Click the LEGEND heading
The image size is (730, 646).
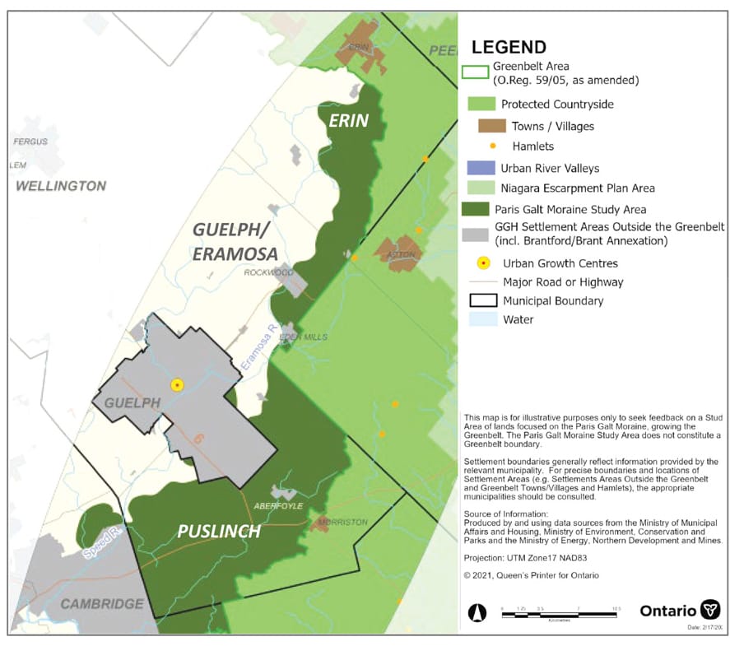click(508, 47)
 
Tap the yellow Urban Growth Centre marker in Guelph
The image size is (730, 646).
click(176, 384)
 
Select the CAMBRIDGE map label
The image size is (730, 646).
click(101, 603)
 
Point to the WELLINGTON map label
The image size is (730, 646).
click(61, 185)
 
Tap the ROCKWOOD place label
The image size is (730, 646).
click(268, 272)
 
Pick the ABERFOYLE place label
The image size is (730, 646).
click(279, 505)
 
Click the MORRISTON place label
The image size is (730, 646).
click(343, 522)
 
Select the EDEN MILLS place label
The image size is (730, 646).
click(303, 337)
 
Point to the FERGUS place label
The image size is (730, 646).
click(30, 142)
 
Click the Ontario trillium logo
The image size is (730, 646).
click(709, 610)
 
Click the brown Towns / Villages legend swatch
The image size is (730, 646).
click(492, 126)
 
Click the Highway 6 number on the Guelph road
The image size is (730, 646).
click(198, 439)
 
